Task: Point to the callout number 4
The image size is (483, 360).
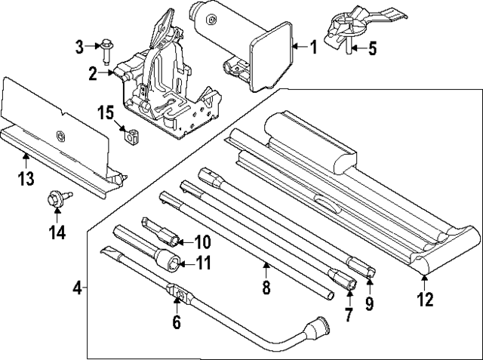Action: [78, 288]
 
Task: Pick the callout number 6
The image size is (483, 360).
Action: [177, 322]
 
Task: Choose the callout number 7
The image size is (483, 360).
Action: [348, 315]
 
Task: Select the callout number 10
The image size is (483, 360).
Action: [202, 242]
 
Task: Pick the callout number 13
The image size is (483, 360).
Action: [26, 178]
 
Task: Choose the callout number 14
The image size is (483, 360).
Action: [57, 233]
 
